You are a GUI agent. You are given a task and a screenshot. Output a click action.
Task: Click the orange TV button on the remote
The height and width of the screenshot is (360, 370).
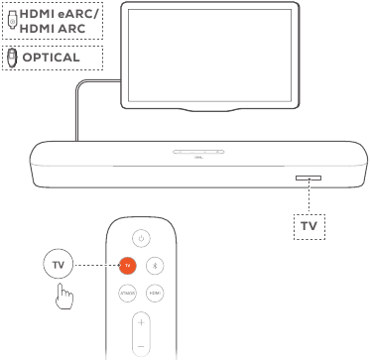pos(127,265)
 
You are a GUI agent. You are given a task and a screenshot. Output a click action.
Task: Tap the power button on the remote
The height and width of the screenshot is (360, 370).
pos(141,237)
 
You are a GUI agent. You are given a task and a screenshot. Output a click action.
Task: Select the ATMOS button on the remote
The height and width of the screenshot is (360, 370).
pos(127,294)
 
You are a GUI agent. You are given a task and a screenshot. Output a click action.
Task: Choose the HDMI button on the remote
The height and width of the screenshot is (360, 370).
pos(155,294)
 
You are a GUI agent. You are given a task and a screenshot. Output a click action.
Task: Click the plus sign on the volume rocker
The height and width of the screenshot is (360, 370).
pos(141,323)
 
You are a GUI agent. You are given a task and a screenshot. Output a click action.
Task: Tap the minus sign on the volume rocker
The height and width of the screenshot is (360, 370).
pos(141,346)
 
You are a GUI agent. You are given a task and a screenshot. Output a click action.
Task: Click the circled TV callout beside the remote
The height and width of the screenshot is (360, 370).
pos(59,265)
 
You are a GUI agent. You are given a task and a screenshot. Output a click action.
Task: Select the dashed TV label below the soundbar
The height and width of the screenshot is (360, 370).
pos(307,226)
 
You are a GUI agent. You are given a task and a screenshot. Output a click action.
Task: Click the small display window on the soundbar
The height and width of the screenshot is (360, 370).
pos(308,180)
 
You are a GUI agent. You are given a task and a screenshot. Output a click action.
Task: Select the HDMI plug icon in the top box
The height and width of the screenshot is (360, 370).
pos(11,21)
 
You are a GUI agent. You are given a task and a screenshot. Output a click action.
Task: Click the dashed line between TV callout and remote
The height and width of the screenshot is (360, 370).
pos(95,265)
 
